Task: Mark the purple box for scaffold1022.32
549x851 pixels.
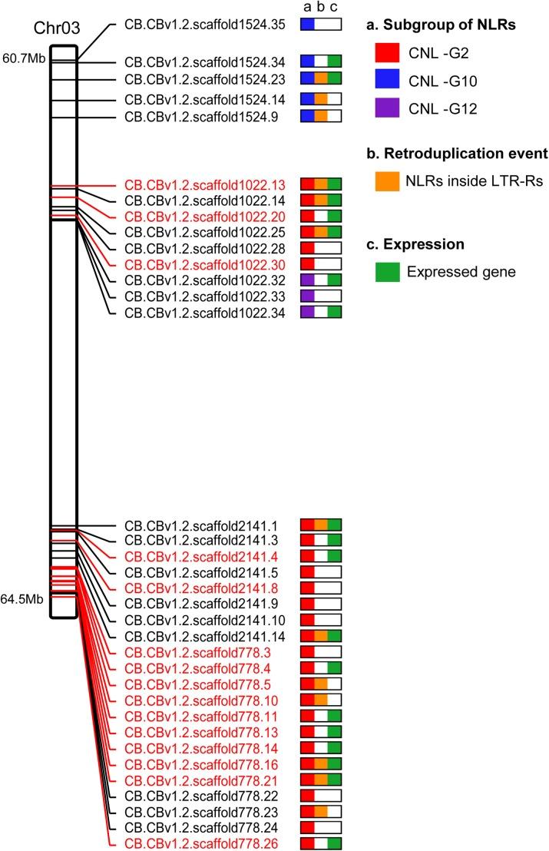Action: [307, 280]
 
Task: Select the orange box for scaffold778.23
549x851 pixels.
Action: [321, 812]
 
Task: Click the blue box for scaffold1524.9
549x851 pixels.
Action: [307, 117]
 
